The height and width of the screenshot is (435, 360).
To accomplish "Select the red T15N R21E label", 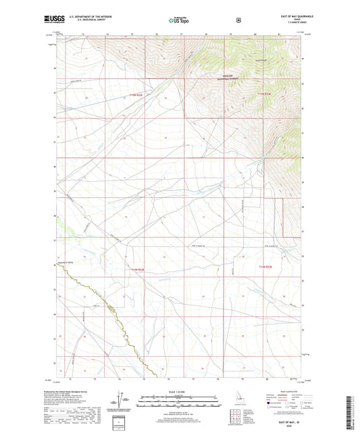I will pos(136,95).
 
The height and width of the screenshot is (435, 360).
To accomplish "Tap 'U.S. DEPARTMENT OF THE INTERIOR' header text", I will pos(84,17).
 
